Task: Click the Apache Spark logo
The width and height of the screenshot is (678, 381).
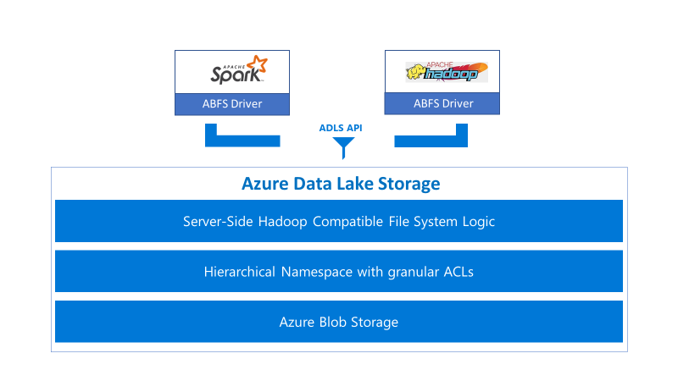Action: (x=238, y=71)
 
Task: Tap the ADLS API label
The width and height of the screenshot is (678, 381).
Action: (x=341, y=128)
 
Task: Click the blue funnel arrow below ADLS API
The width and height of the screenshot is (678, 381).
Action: (x=342, y=148)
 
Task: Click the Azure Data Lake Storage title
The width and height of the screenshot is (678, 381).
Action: (x=341, y=184)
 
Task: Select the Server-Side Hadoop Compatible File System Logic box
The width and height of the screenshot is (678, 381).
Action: (x=339, y=222)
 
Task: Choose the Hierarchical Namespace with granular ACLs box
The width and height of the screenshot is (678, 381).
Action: (x=339, y=272)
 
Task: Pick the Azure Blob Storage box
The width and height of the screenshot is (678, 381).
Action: (x=339, y=322)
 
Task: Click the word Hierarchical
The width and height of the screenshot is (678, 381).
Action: (x=239, y=272)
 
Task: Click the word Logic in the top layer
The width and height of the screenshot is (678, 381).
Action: (x=478, y=222)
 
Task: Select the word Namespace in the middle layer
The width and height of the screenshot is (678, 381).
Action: (x=315, y=272)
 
